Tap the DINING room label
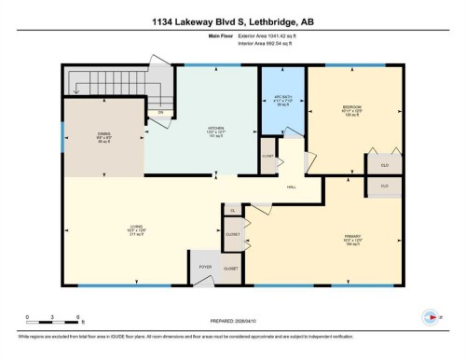(103, 136)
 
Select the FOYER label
(207, 267)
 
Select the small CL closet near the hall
(232, 212)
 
